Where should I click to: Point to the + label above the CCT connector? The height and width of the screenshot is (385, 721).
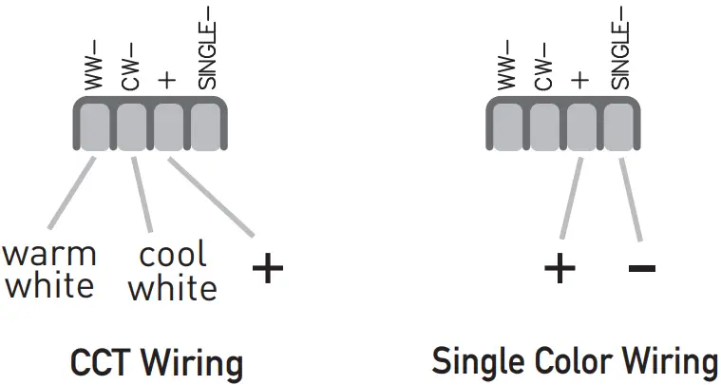(x=169, y=80)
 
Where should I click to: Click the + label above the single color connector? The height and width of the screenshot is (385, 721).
(x=581, y=80)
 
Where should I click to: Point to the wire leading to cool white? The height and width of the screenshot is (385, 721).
(x=143, y=195)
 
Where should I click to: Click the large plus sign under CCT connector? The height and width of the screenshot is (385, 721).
(x=268, y=269)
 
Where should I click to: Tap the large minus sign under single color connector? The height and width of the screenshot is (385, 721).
(x=642, y=269)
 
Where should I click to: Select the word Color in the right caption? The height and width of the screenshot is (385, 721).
(x=564, y=362)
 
